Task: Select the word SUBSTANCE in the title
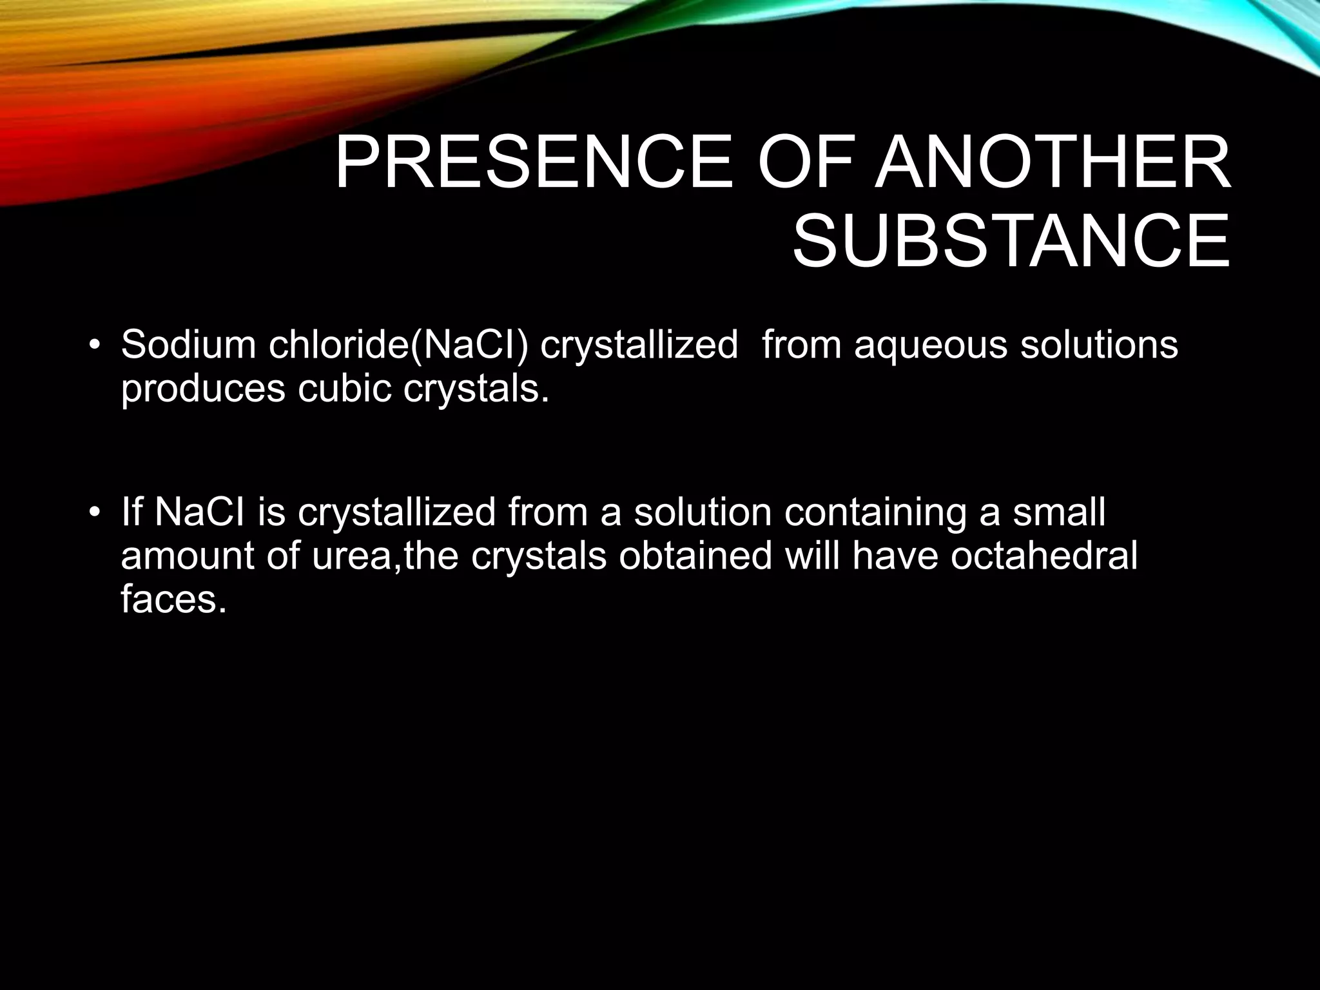(1011, 242)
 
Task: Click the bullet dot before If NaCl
(95, 513)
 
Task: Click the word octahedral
(1044, 556)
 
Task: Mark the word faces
(174, 599)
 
